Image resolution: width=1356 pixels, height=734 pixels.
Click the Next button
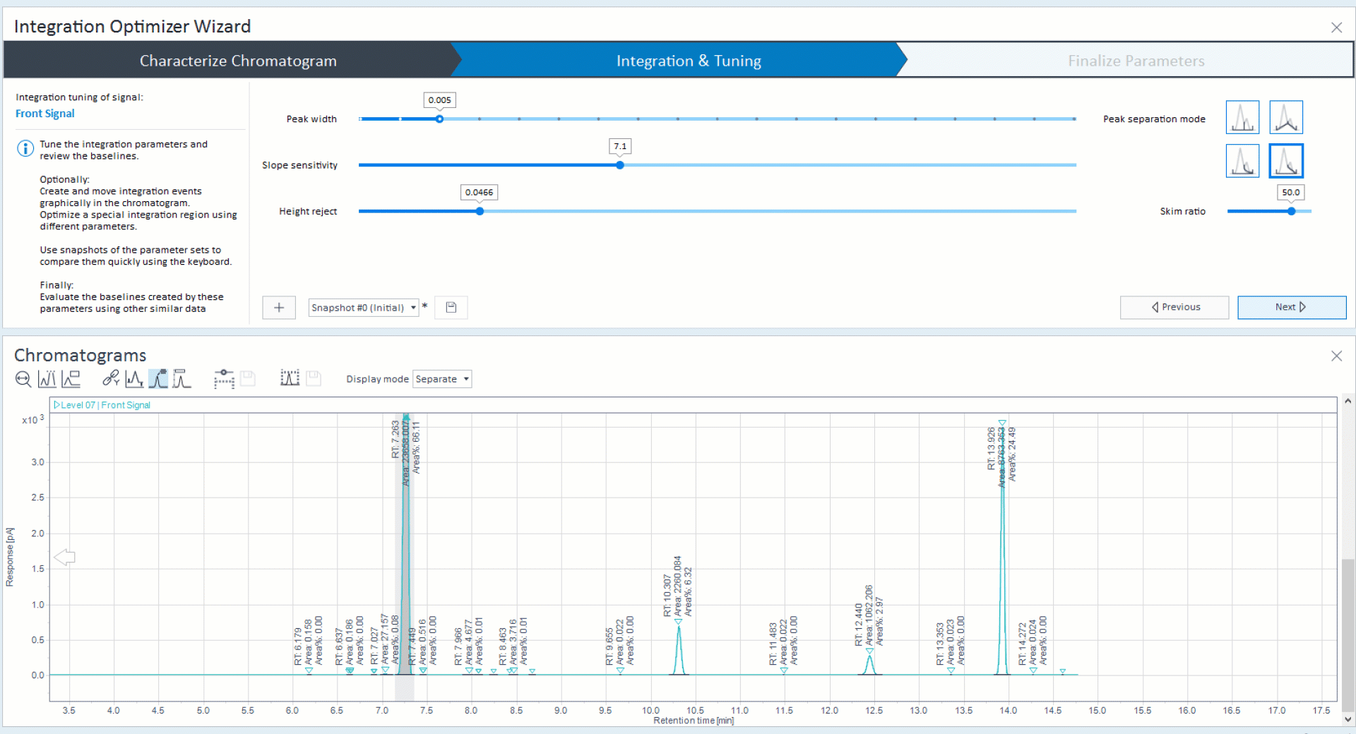(1291, 307)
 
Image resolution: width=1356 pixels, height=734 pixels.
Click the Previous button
(1174, 307)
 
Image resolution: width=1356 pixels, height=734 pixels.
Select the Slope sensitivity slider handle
(620, 165)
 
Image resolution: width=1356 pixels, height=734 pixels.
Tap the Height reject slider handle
(480, 211)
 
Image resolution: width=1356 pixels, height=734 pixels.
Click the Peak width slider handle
(439, 119)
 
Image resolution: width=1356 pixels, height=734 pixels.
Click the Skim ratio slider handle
(1291, 211)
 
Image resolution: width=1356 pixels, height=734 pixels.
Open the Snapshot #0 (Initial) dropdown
(363, 308)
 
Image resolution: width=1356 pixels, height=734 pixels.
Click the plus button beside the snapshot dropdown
(279, 308)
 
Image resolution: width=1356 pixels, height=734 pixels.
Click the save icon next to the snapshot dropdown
(451, 308)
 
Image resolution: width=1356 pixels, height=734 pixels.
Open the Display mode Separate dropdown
(442, 379)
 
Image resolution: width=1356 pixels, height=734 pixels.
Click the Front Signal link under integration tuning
(44, 114)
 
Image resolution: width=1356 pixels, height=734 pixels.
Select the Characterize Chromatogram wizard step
(238, 61)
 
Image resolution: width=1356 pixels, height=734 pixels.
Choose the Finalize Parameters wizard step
(1136, 61)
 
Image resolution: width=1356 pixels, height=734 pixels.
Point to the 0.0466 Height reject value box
(479, 192)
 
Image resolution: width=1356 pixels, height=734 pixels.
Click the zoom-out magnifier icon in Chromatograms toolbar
(23, 379)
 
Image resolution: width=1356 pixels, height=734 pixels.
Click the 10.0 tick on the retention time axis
(650, 710)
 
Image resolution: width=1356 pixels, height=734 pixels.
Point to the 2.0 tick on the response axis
(37, 534)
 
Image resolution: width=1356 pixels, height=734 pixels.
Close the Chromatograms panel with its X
(1336, 356)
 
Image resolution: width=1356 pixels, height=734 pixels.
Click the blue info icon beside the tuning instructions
(25, 148)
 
